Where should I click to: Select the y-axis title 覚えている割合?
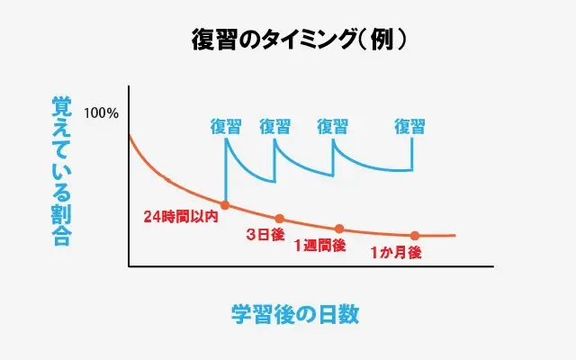[61, 171]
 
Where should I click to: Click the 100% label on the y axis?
[101, 114]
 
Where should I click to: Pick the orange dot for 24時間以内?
[224, 205]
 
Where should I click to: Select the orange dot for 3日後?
[279, 219]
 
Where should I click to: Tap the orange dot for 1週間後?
[339, 229]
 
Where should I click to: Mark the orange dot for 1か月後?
[415, 236]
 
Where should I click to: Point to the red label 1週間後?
[319, 245]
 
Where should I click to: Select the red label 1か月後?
[395, 253]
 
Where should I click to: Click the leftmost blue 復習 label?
[225, 127]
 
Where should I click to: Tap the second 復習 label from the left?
[274, 127]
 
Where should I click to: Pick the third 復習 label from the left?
[333, 127]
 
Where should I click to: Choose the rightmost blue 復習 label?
[409, 127]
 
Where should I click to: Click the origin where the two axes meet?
[130, 266]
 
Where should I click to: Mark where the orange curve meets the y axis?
[130, 135]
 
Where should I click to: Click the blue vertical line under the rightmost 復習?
[412, 153]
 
